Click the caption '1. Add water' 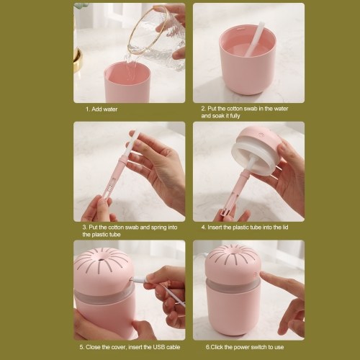(x=102, y=109)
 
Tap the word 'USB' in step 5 (x=160, y=347)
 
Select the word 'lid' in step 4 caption (x=285, y=227)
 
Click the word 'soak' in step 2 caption (x=217, y=116)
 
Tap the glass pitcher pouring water (x=156, y=36)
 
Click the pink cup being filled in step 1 (x=127, y=82)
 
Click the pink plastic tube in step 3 (x=114, y=178)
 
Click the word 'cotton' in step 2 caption (x=235, y=109)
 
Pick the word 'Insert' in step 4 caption (x=215, y=227)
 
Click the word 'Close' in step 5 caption (x=93, y=347)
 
